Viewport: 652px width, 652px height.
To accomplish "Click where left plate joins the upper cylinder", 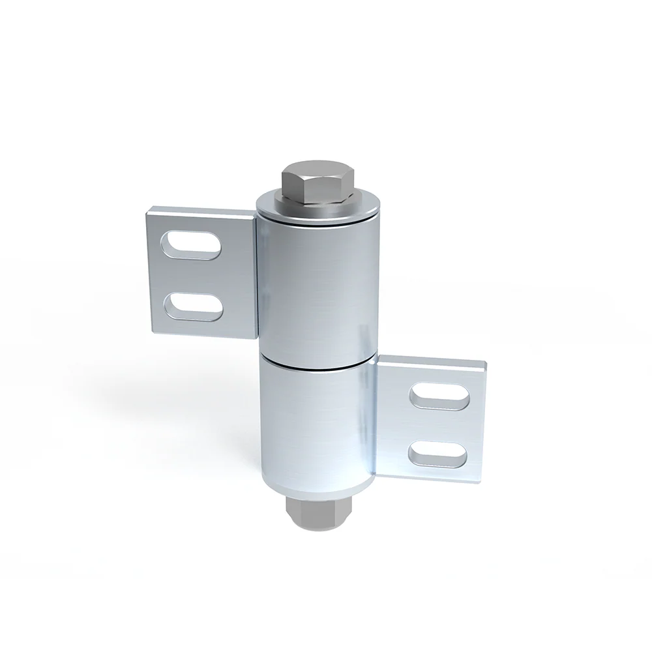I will (257, 274).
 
